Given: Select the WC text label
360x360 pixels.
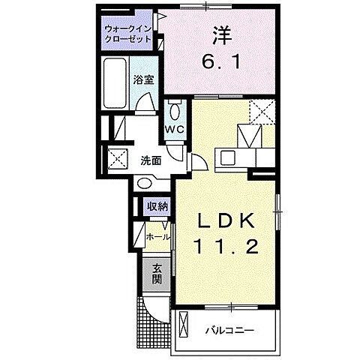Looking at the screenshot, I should click(x=175, y=128).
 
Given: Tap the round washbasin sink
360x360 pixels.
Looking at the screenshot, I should click(x=145, y=183).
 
